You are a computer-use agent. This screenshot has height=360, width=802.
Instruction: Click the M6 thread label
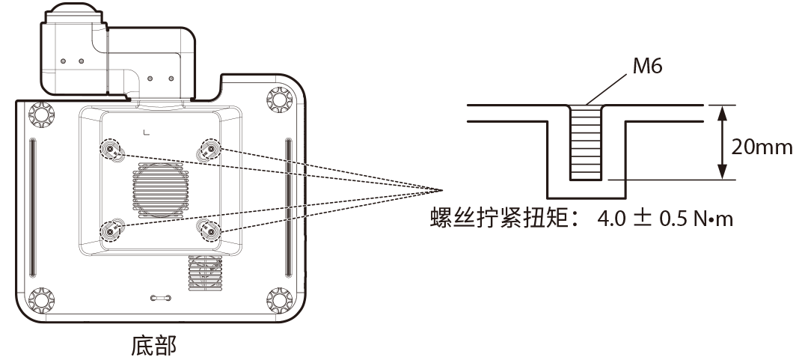tap(647, 68)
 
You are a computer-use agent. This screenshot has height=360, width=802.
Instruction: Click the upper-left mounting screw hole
tap(111, 150)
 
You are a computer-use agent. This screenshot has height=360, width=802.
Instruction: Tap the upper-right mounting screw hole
tap(209, 150)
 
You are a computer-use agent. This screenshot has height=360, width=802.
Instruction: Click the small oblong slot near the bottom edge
tap(163, 298)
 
